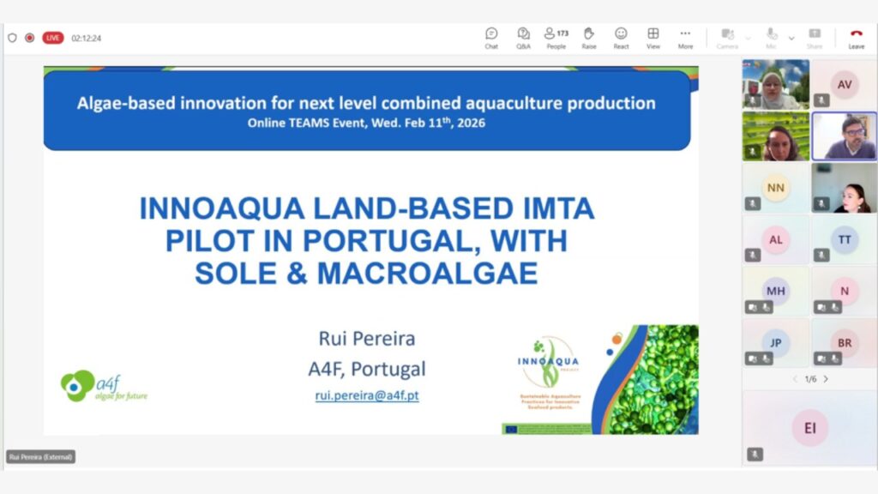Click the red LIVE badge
[x=53, y=38]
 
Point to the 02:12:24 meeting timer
[x=87, y=38]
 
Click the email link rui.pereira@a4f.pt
[x=367, y=396]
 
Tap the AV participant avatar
[x=845, y=83]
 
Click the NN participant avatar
[x=776, y=187]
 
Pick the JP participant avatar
[x=776, y=342]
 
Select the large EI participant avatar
[x=809, y=427]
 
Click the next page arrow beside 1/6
[x=826, y=379]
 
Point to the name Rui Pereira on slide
[x=367, y=339]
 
